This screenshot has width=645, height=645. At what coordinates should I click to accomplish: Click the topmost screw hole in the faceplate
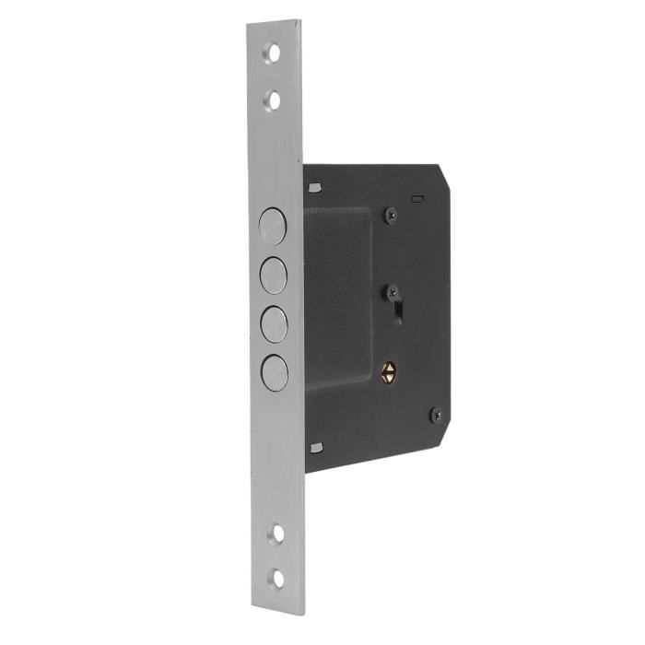coord(272,53)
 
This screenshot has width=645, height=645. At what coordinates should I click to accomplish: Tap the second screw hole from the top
coord(272,98)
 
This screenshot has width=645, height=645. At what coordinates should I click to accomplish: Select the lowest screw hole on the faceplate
coord(277,579)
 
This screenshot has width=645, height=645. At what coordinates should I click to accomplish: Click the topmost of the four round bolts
coord(273,226)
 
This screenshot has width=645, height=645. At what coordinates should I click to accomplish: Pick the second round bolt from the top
coord(274,274)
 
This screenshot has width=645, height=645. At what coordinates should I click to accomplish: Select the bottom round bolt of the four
coord(276,371)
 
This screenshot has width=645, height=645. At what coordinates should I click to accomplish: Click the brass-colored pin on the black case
coord(391,372)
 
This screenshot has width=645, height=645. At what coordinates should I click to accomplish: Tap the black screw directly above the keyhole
coord(393,290)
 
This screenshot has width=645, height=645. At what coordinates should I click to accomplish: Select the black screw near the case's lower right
coord(437,415)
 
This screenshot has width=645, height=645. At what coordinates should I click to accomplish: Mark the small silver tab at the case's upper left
coord(315,188)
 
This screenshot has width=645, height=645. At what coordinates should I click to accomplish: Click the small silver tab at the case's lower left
coord(316,448)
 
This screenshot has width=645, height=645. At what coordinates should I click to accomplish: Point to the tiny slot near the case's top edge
coord(417,197)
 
